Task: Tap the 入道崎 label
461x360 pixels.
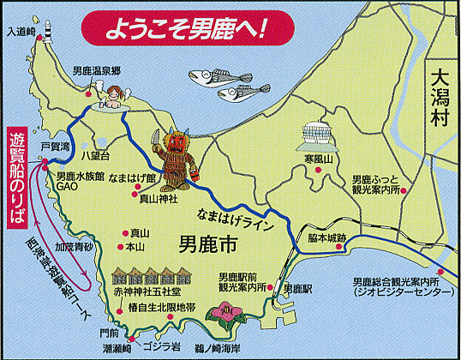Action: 20,32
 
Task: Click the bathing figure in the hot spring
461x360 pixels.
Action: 113,94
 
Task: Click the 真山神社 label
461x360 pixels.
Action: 159,198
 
